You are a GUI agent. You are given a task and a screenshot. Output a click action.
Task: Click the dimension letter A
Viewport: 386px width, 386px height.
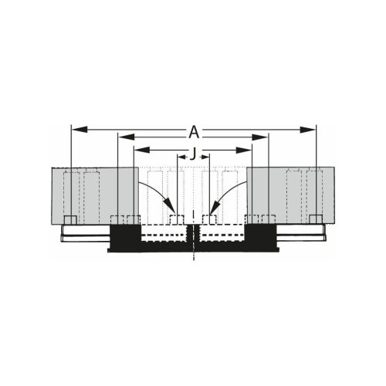click(x=193, y=130)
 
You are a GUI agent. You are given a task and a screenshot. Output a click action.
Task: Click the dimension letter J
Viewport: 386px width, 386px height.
click(x=193, y=151)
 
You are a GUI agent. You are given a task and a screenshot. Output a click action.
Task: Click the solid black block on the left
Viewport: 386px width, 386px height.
click(x=124, y=238)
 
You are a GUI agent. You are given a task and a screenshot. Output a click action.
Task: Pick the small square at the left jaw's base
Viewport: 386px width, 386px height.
click(x=69, y=220)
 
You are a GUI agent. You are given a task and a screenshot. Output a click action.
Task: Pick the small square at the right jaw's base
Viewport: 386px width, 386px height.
click(x=316, y=220)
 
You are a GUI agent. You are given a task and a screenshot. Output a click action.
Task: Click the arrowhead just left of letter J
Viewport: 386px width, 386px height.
click(x=182, y=157)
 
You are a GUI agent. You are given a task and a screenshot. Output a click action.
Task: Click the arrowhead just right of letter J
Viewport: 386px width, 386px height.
click(x=205, y=157)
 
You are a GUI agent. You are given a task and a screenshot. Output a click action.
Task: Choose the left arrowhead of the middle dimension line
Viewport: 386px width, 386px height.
click(x=121, y=137)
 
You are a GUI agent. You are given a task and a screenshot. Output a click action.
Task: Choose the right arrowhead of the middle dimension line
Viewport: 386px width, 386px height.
click(x=264, y=137)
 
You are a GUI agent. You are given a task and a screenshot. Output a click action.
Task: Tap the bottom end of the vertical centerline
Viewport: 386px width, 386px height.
click(x=193, y=261)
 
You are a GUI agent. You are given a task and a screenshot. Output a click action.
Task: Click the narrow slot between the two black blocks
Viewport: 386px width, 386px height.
click(x=193, y=239)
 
